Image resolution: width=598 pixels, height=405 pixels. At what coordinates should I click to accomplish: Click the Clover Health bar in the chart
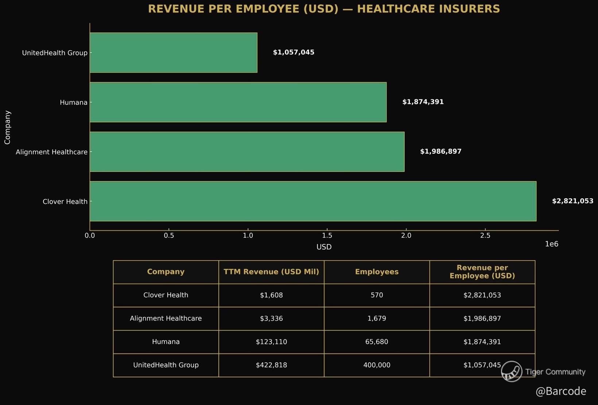[x=313, y=201]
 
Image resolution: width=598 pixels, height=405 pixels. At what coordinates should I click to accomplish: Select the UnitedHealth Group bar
[x=173, y=53]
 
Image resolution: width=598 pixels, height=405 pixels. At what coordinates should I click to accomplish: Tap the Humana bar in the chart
[x=238, y=102]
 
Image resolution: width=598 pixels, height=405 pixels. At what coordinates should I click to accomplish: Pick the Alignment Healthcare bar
[x=247, y=152]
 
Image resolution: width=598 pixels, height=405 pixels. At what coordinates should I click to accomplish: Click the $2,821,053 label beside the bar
[x=572, y=201]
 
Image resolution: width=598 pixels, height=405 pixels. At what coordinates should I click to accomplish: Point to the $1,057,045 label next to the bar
[x=294, y=53]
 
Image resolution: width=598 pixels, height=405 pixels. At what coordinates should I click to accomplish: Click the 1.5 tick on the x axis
[x=327, y=236]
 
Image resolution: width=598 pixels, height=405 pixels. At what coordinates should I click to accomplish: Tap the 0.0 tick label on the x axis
[x=90, y=236]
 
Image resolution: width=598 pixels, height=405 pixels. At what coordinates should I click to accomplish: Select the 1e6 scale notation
[x=551, y=244]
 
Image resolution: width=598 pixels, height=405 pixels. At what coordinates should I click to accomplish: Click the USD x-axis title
[x=324, y=247]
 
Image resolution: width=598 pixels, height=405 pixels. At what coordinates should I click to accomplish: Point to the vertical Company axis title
[x=7, y=127]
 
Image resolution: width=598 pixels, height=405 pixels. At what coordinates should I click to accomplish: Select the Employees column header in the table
[x=377, y=272]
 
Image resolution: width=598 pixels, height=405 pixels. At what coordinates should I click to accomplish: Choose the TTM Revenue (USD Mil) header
[x=271, y=272]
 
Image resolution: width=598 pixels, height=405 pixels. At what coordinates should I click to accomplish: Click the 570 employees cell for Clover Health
[x=377, y=295]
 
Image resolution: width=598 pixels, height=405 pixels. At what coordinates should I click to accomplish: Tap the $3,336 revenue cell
[x=271, y=318]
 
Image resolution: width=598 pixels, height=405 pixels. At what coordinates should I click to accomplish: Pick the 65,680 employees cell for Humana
[x=377, y=342]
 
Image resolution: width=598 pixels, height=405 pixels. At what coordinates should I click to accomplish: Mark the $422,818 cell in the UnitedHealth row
[x=271, y=365]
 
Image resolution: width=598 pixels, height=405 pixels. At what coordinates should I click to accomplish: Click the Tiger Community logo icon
[x=512, y=371]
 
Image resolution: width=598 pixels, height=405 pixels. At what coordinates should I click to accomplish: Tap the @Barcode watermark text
[x=561, y=391]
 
